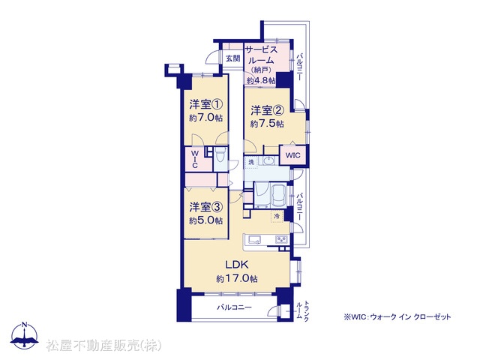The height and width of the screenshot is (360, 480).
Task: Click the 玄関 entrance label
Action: [x=233, y=58]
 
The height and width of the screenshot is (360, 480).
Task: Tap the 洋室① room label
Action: [x=205, y=104]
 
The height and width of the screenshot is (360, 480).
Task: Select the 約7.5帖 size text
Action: [x=267, y=124]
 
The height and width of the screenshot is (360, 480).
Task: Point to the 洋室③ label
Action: [x=205, y=207]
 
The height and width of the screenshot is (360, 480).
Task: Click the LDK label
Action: [x=237, y=264]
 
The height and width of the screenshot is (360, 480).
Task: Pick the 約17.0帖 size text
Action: [x=237, y=278]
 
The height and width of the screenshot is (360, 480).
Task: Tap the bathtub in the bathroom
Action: [x=279, y=195]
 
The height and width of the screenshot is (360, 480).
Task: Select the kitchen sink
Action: [x=253, y=239]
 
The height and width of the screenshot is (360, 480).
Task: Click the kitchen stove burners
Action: [x=281, y=239]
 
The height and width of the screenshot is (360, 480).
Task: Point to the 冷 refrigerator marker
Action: [x=277, y=217]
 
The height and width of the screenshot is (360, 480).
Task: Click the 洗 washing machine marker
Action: [x=251, y=162]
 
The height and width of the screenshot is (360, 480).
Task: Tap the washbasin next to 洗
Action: [x=268, y=160]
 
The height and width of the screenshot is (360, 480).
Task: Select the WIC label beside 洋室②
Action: [x=293, y=155]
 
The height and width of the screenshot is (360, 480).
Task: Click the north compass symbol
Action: [x=24, y=335]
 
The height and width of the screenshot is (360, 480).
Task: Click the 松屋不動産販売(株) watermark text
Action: [x=103, y=345]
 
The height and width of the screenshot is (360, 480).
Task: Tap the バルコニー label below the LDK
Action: [x=235, y=307]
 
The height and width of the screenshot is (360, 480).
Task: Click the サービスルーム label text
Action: [x=261, y=55]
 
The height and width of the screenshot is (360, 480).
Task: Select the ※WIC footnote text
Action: [x=397, y=316]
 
